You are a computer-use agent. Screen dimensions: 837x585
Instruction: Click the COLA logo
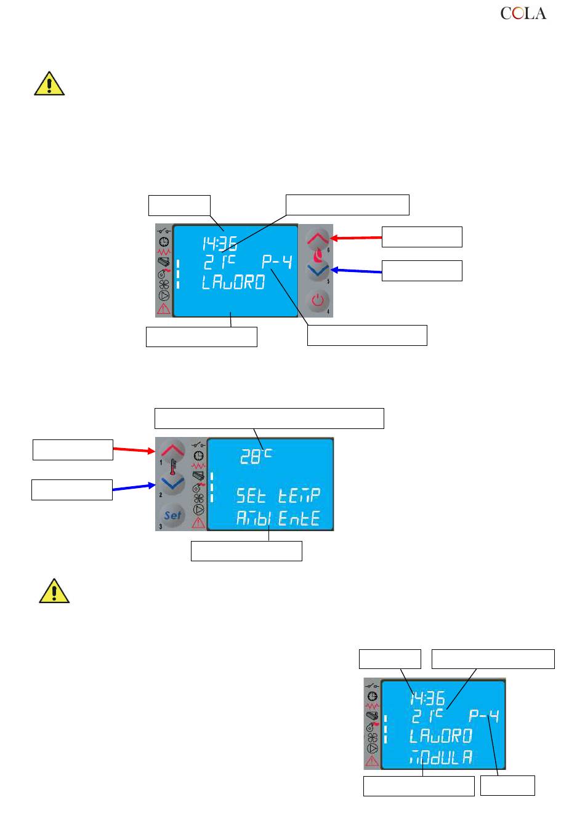click(x=523, y=14)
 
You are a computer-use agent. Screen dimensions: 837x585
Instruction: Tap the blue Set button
click(x=172, y=515)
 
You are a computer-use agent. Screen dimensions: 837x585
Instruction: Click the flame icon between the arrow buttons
click(x=318, y=254)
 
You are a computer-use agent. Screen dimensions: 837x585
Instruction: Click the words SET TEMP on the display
click(x=278, y=495)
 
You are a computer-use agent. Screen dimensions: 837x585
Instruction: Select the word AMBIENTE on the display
click(x=278, y=519)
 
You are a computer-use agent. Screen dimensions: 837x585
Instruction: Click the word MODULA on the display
click(x=441, y=758)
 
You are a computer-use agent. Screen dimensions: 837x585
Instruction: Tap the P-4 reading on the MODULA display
click(x=483, y=716)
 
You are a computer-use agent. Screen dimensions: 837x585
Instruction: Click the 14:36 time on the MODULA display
click(x=427, y=698)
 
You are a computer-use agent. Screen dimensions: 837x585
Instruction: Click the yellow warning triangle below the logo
click(x=49, y=84)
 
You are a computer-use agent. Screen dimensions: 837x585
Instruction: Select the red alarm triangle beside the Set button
click(x=198, y=523)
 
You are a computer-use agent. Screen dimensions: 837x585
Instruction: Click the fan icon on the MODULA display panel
click(x=373, y=737)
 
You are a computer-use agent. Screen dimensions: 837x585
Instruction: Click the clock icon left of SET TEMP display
click(x=198, y=455)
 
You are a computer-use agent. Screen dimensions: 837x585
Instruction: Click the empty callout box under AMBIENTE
click(x=246, y=551)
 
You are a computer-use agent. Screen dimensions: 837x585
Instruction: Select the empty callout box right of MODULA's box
click(x=507, y=786)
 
